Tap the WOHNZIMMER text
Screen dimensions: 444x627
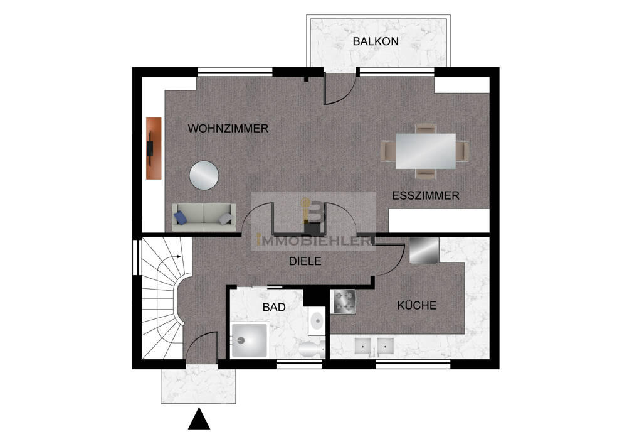[228, 129]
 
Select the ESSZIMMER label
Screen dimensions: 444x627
[425, 196]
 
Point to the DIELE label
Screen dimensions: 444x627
[305, 262]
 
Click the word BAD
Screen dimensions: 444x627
[274, 307]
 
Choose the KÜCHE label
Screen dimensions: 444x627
[416, 306]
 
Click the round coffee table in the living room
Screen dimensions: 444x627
[204, 175]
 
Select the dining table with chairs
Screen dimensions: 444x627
[425, 151]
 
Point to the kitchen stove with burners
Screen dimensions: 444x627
[344, 301]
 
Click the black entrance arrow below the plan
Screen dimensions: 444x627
[199, 420]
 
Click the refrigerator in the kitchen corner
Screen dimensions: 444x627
[424, 250]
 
